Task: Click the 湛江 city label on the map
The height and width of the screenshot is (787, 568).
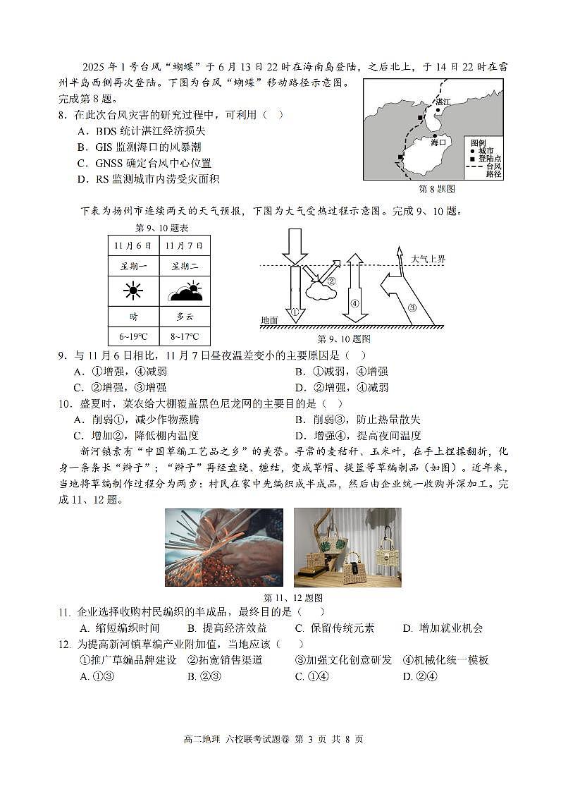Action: pyautogui.click(x=443, y=102)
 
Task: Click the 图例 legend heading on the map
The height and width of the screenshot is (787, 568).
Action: pyautogui.click(x=479, y=142)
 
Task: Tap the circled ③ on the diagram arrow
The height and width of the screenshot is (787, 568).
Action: pyautogui.click(x=412, y=307)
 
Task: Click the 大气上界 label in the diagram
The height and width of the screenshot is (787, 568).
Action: pyautogui.click(x=428, y=260)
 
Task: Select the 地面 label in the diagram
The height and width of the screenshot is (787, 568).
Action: pyautogui.click(x=269, y=320)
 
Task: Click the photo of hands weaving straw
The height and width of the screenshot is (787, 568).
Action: pyautogui.click(x=223, y=547)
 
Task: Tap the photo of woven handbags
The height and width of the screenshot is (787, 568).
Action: pyautogui.click(x=347, y=547)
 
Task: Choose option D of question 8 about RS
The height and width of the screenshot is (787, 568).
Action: pyautogui.click(x=148, y=179)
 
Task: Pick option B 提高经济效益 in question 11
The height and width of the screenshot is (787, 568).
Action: pyautogui.click(x=227, y=628)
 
